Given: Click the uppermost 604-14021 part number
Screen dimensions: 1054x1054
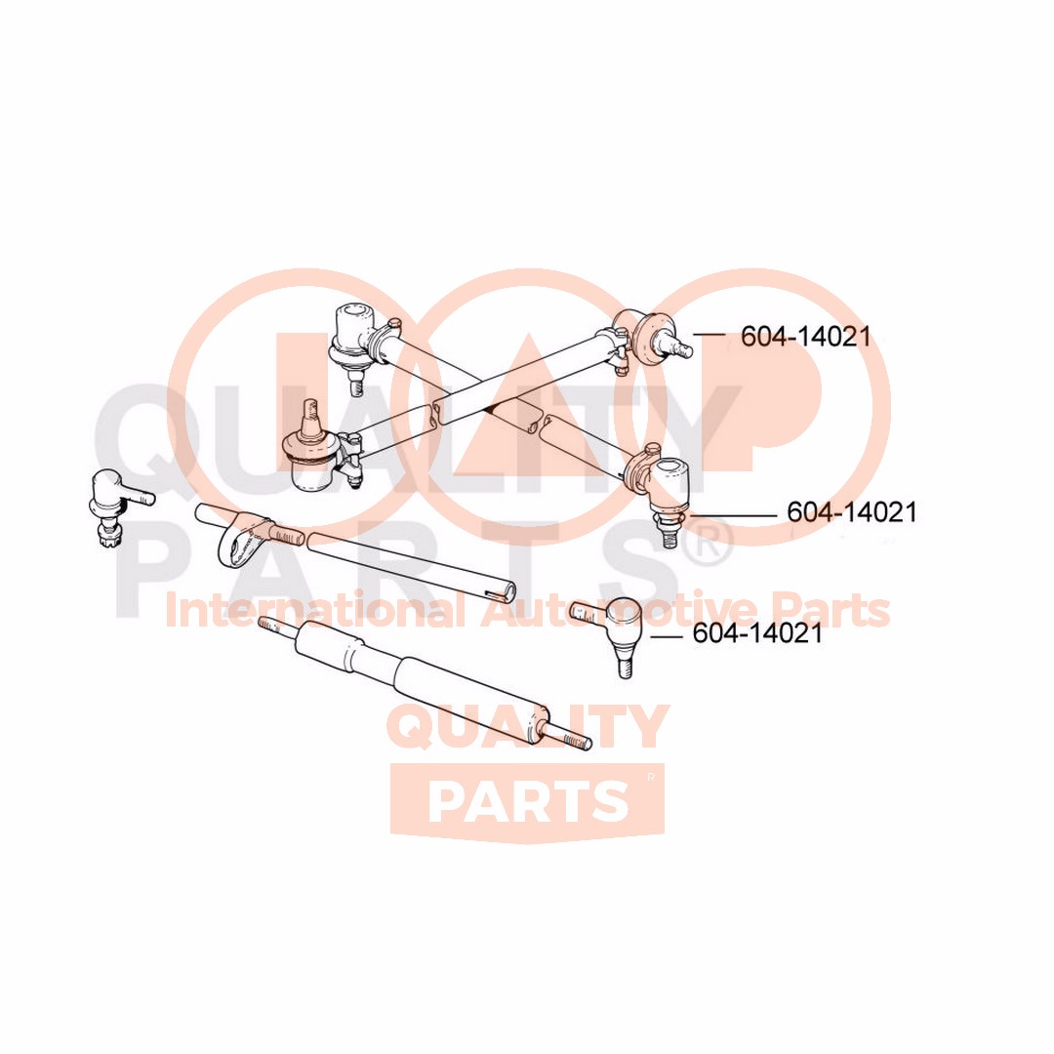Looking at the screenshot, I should tap(805, 337).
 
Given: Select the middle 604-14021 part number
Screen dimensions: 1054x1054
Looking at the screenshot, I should tap(852, 512).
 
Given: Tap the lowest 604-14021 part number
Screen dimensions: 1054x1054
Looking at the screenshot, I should tap(757, 633).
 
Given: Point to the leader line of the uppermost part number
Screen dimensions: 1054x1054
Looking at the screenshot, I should tap(710, 335).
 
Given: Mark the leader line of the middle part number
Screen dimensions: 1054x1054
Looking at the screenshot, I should tap(737, 513).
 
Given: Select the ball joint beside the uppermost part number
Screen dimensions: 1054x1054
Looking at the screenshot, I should tap(646, 334).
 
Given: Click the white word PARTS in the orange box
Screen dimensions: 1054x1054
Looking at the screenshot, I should tap(527, 800).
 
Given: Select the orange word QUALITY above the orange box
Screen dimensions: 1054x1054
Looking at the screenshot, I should tap(528, 727).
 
